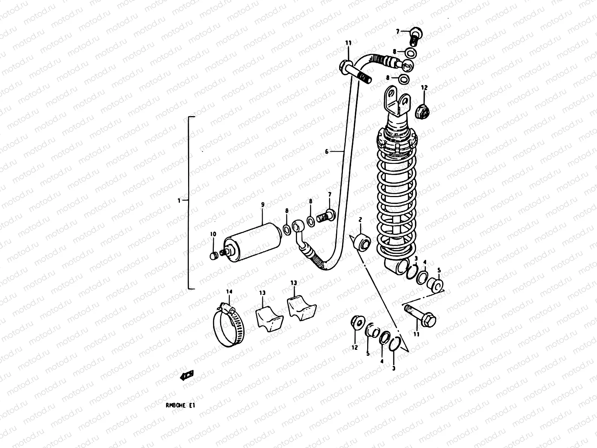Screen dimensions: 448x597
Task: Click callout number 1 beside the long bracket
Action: [x=179, y=200]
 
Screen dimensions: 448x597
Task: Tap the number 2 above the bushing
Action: [x=360, y=220]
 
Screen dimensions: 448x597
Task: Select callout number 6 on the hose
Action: [x=326, y=152]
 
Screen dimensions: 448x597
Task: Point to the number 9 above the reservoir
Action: [x=262, y=204]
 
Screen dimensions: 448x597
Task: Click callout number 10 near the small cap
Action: [x=213, y=234]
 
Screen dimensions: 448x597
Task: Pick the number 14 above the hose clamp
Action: [x=229, y=291]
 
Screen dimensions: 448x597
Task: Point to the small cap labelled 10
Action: [x=214, y=256]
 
